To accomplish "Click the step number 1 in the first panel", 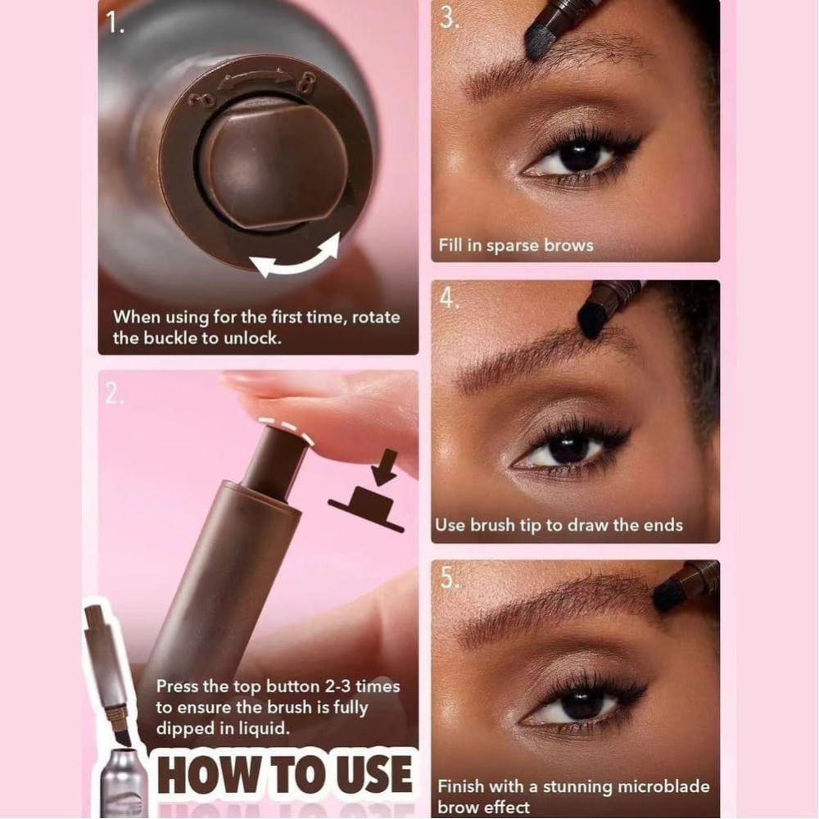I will click(115, 24).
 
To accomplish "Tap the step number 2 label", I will click(112, 394).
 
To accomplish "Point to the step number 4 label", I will click(449, 298).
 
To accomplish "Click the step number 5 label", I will click(449, 577).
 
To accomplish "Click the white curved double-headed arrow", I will click(294, 256).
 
